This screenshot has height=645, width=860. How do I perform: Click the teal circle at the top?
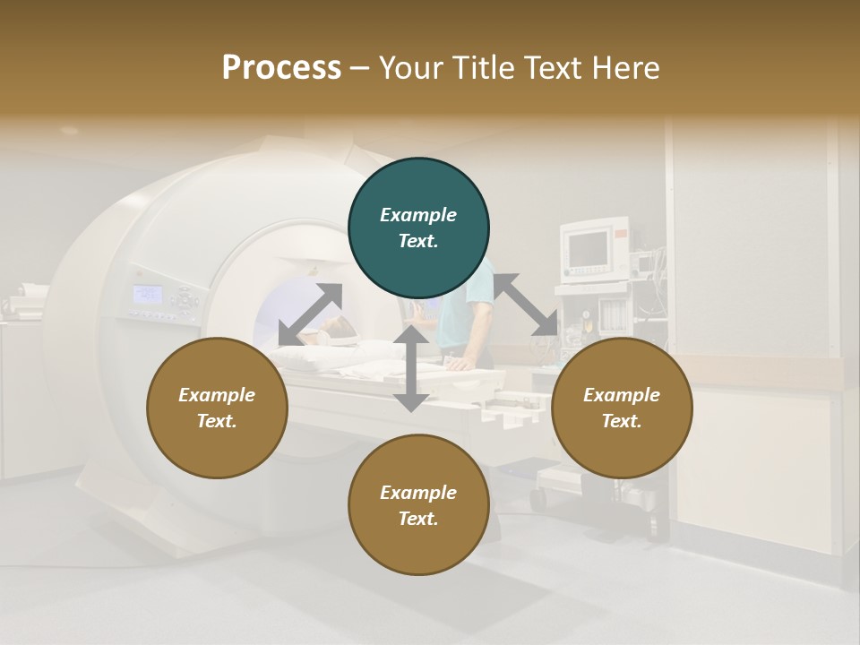[x=418, y=228]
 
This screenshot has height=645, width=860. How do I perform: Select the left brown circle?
[x=217, y=408]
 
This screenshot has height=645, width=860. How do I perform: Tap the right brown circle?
[x=622, y=408]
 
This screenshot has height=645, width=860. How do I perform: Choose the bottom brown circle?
[x=418, y=505]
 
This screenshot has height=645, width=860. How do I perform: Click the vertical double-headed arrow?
[x=411, y=368]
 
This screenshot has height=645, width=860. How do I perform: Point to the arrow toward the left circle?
[x=310, y=314]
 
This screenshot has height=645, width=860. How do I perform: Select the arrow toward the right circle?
[x=525, y=305]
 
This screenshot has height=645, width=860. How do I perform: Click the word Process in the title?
[x=281, y=68]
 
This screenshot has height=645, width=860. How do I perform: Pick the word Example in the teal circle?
[x=418, y=215]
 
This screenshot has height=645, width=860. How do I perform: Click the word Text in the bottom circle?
[x=417, y=519]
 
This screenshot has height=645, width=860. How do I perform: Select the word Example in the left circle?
[x=217, y=395]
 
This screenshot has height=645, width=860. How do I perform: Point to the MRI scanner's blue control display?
[x=148, y=294]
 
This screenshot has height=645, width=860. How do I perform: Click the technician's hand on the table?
[x=459, y=364]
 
